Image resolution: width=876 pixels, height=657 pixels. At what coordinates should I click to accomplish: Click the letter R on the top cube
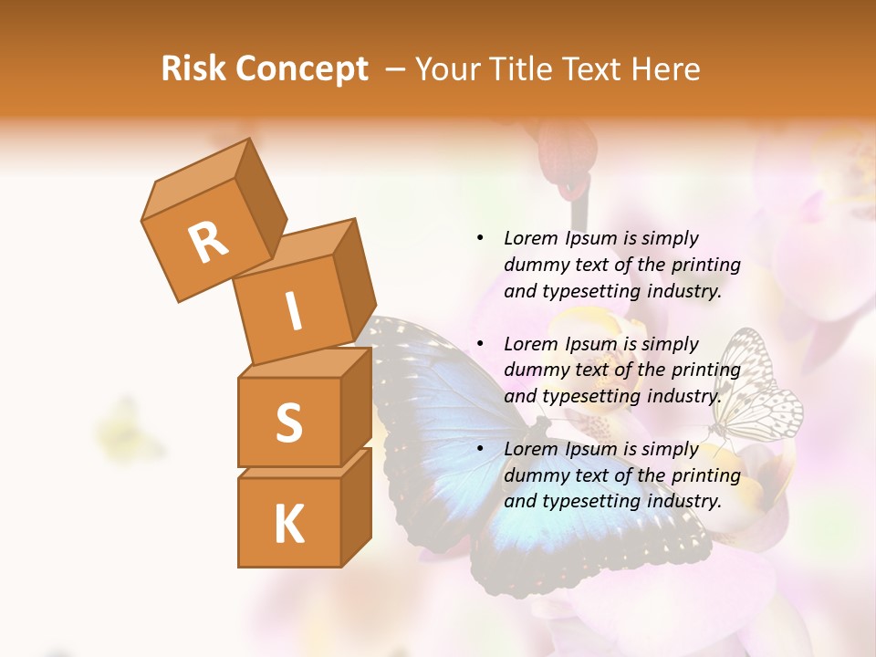click(x=209, y=242)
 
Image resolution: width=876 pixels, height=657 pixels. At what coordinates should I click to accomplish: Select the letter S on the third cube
click(x=288, y=422)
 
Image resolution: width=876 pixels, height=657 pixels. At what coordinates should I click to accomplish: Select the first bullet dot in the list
click(x=480, y=239)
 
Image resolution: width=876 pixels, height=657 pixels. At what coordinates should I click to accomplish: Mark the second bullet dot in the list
click(x=480, y=344)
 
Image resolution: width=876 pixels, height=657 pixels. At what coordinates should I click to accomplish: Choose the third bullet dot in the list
click(x=480, y=449)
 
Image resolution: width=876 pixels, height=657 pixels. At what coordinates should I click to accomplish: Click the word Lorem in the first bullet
click(x=529, y=238)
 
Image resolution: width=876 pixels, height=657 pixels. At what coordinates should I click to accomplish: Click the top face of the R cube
click(x=194, y=174)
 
